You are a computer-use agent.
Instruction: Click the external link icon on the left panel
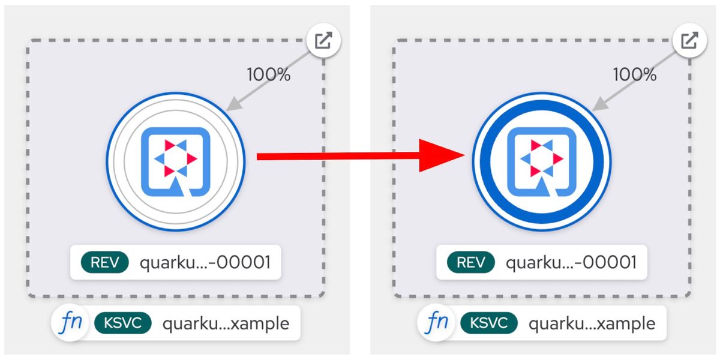pyautogui.click(x=323, y=40)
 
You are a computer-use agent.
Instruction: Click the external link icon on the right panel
pyautogui.click(x=689, y=40)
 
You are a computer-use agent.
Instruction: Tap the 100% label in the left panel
pyautogui.click(x=268, y=74)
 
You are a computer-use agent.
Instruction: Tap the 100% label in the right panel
pyautogui.click(x=635, y=74)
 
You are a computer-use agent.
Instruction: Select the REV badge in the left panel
pyautogui.click(x=105, y=262)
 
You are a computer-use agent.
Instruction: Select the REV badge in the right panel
pyautogui.click(x=471, y=262)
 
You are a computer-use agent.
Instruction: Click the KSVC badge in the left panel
pyautogui.click(x=123, y=323)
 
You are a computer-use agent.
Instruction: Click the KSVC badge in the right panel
pyautogui.click(x=489, y=323)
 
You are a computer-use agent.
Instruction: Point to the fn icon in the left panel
pyautogui.click(x=70, y=322)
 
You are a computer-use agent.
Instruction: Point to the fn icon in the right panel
pyautogui.click(x=436, y=322)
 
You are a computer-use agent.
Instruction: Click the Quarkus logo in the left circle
pyautogui.click(x=175, y=161)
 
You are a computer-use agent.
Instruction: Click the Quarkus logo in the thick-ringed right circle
pyautogui.click(x=542, y=161)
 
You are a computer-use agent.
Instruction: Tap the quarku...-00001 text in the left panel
pyautogui.click(x=205, y=263)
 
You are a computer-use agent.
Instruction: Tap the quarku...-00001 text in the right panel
pyautogui.click(x=571, y=263)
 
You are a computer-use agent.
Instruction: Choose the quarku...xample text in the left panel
pyautogui.click(x=226, y=323)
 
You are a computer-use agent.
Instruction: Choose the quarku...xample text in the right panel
pyautogui.click(x=592, y=323)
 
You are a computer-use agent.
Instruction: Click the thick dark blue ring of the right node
pyautogui.click(x=542, y=104)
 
